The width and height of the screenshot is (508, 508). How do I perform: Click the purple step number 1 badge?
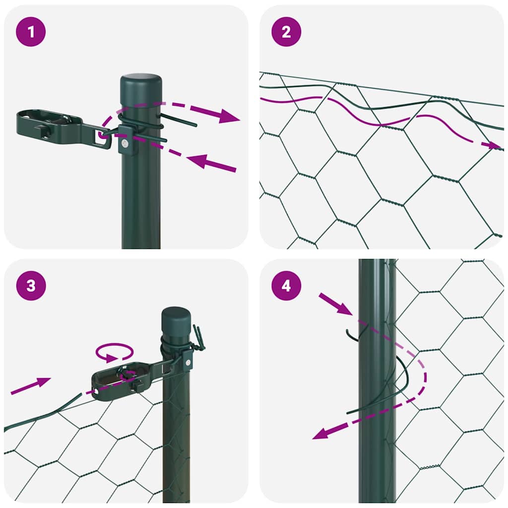31,32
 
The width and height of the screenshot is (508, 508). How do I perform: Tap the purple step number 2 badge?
286,32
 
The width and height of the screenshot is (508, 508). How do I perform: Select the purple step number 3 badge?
31,286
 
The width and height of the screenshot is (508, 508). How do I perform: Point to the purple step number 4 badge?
286,286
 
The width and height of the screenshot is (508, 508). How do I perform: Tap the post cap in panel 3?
176,317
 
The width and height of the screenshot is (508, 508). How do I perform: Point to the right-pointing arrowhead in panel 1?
226,116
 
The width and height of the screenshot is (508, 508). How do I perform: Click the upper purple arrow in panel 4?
336,304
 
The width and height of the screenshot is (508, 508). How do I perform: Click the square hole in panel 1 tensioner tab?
104,138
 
